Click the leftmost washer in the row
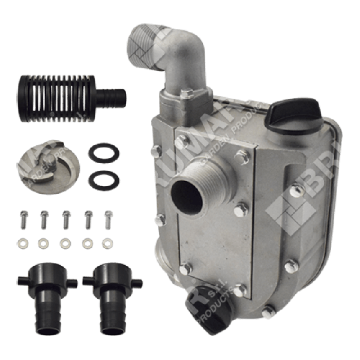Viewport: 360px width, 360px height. (x=23, y=244)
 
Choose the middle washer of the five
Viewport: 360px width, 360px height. (x=65, y=244)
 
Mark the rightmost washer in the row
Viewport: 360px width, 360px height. (x=107, y=244)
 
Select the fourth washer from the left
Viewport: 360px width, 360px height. (x=86, y=244)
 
